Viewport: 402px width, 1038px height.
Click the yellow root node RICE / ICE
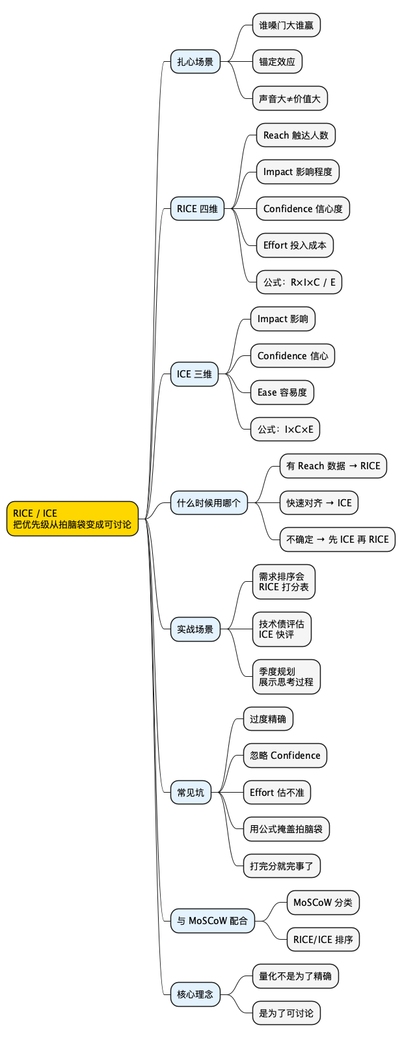point(72,519)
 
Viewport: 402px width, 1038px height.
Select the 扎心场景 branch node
point(195,62)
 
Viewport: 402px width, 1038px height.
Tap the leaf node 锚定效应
point(277,62)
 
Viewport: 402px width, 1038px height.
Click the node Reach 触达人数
point(295,135)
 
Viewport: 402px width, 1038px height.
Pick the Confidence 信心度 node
point(302,209)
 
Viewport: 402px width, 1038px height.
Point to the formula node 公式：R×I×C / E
point(299,282)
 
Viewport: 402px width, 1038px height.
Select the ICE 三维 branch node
point(194,374)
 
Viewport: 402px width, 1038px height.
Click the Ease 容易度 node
point(282,392)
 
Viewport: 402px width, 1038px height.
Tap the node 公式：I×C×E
point(285,430)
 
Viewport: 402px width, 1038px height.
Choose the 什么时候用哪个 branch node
point(209,503)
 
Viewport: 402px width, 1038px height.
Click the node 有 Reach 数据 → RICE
point(333,466)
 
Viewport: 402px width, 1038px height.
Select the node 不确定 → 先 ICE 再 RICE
point(337,539)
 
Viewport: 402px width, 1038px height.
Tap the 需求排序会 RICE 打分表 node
point(284,582)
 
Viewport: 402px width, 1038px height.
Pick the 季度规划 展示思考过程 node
point(286,677)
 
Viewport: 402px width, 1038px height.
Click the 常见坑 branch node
point(191,793)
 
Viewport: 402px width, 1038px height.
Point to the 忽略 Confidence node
point(285,756)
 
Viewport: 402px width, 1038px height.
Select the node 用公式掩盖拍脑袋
point(286,829)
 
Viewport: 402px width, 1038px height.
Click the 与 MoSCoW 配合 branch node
point(212,921)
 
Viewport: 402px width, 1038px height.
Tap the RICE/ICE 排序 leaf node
point(323,940)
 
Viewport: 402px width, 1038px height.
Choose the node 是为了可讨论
point(286,1013)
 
